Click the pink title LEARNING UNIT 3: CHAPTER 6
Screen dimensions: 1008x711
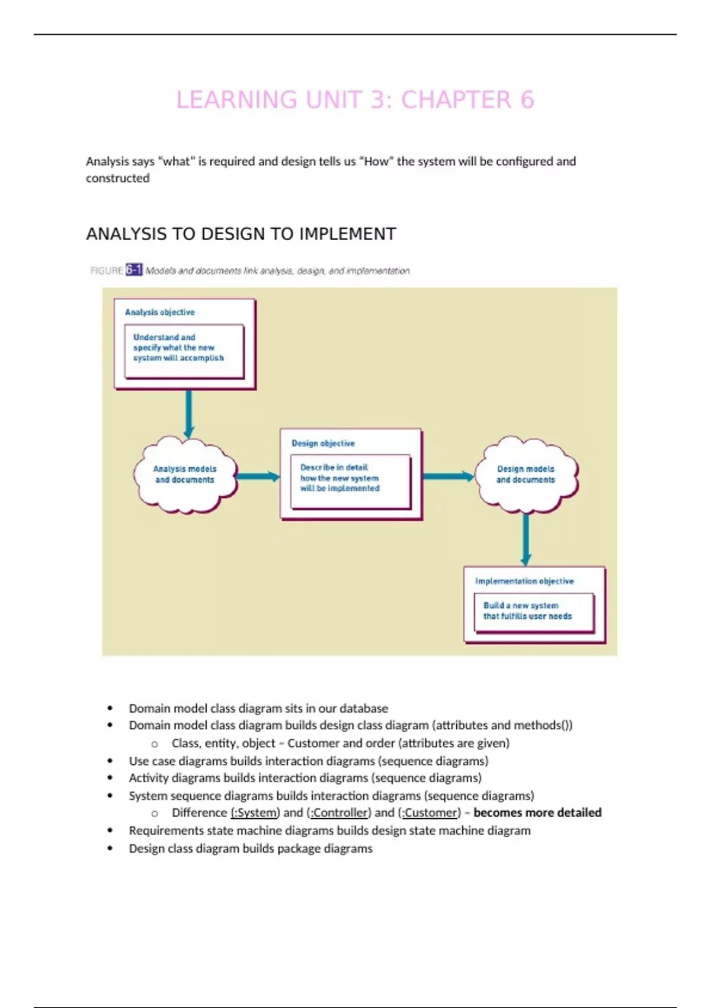coord(355,100)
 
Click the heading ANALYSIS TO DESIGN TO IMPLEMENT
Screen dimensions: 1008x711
coord(241,234)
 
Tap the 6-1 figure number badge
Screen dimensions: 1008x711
coord(134,270)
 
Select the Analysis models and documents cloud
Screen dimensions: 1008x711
coord(185,474)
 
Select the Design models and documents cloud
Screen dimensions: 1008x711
coord(526,474)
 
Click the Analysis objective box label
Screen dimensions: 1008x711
coord(159,312)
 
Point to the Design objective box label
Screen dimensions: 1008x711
coord(323,443)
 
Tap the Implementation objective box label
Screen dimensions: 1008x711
coord(524,581)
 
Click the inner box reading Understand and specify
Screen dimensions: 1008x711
coord(184,350)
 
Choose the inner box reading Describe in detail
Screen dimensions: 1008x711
coord(350,481)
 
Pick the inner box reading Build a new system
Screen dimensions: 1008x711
coord(533,612)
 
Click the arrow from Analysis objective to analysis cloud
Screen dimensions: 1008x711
coord(188,413)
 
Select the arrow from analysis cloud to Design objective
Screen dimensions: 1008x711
coord(257,476)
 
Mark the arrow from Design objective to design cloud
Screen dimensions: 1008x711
coord(448,476)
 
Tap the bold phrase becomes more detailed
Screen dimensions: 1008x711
coord(537,813)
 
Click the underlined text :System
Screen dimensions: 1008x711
coord(255,813)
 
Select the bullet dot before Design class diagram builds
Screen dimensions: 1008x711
coord(110,848)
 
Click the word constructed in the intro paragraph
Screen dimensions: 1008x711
coord(117,178)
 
